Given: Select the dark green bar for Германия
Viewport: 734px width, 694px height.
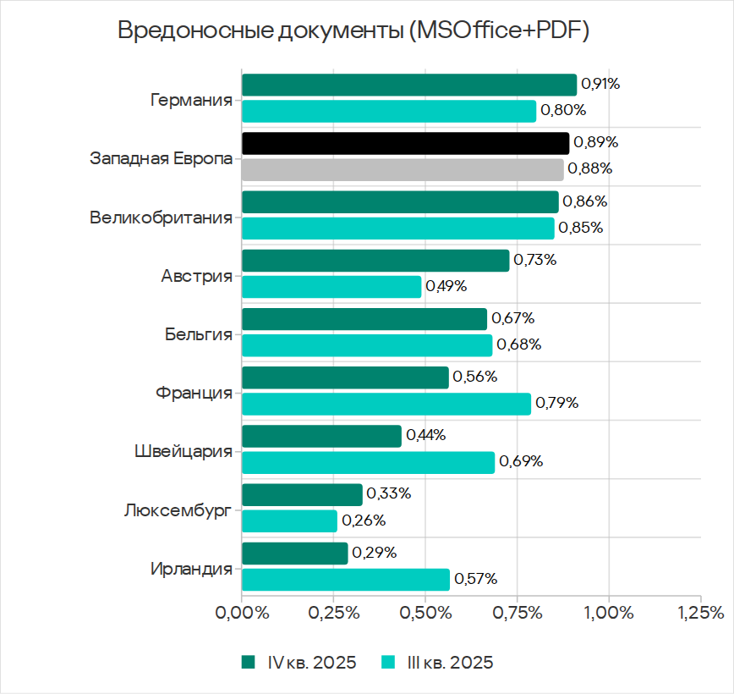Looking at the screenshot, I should pos(409,85).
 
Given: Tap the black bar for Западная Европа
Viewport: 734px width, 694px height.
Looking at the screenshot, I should pos(405,143).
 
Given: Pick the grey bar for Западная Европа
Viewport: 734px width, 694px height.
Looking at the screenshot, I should pos(403,169).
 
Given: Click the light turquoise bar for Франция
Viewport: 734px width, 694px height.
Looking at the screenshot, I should pos(386,404).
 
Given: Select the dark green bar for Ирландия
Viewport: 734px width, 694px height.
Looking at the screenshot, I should pos(294,554).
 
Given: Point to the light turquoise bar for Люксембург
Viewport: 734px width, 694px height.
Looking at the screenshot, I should pos(289,520).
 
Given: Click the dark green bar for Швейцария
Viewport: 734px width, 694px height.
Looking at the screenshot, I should pos(321,436).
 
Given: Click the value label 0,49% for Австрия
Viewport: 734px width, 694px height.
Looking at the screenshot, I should pos(446,286).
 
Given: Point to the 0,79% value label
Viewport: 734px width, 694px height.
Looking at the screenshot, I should pos(556,403).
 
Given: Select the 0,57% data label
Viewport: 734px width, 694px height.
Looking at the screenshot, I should pos(475,580).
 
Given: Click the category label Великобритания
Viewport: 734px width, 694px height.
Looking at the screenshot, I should pos(161,218).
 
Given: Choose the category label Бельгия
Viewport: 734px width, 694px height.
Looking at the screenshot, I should pos(199,334).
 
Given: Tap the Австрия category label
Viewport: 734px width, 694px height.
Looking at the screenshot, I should pos(196,276).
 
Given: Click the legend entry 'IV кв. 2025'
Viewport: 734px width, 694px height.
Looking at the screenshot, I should pos(301,663).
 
